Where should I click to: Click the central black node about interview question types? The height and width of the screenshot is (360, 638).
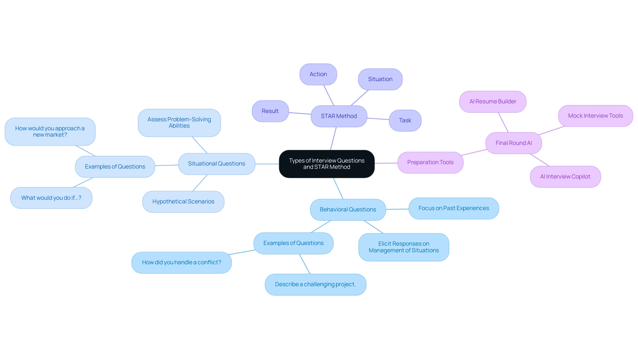point(327,164)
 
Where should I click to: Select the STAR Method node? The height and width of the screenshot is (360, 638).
point(339,116)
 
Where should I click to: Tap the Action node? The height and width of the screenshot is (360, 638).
point(318,74)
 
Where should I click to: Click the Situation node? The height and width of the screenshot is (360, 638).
point(380,79)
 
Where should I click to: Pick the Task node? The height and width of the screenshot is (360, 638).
point(405,120)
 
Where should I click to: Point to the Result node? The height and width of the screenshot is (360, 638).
point(270,111)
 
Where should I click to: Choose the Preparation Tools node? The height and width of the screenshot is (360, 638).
point(430,162)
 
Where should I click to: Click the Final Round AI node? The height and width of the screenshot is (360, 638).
point(513,143)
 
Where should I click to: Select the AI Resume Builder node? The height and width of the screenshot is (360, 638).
point(492,101)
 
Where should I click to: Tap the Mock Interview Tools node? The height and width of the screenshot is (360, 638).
point(595,116)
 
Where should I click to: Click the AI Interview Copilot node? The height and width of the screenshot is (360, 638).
point(565,177)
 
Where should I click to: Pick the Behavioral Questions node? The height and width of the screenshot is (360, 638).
point(348,209)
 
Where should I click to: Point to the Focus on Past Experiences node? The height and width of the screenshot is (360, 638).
point(453,208)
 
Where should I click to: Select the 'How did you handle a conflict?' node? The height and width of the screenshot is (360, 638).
point(181,262)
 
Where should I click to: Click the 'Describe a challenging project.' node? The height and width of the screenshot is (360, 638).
point(315,284)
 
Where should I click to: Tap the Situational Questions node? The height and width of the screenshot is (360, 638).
point(216,164)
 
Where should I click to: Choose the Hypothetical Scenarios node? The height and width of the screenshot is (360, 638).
point(183,201)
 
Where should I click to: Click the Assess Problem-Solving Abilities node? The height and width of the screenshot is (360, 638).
point(179,123)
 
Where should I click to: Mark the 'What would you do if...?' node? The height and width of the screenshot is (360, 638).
point(51,198)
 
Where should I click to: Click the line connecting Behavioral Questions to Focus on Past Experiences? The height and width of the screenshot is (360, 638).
point(397,209)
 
